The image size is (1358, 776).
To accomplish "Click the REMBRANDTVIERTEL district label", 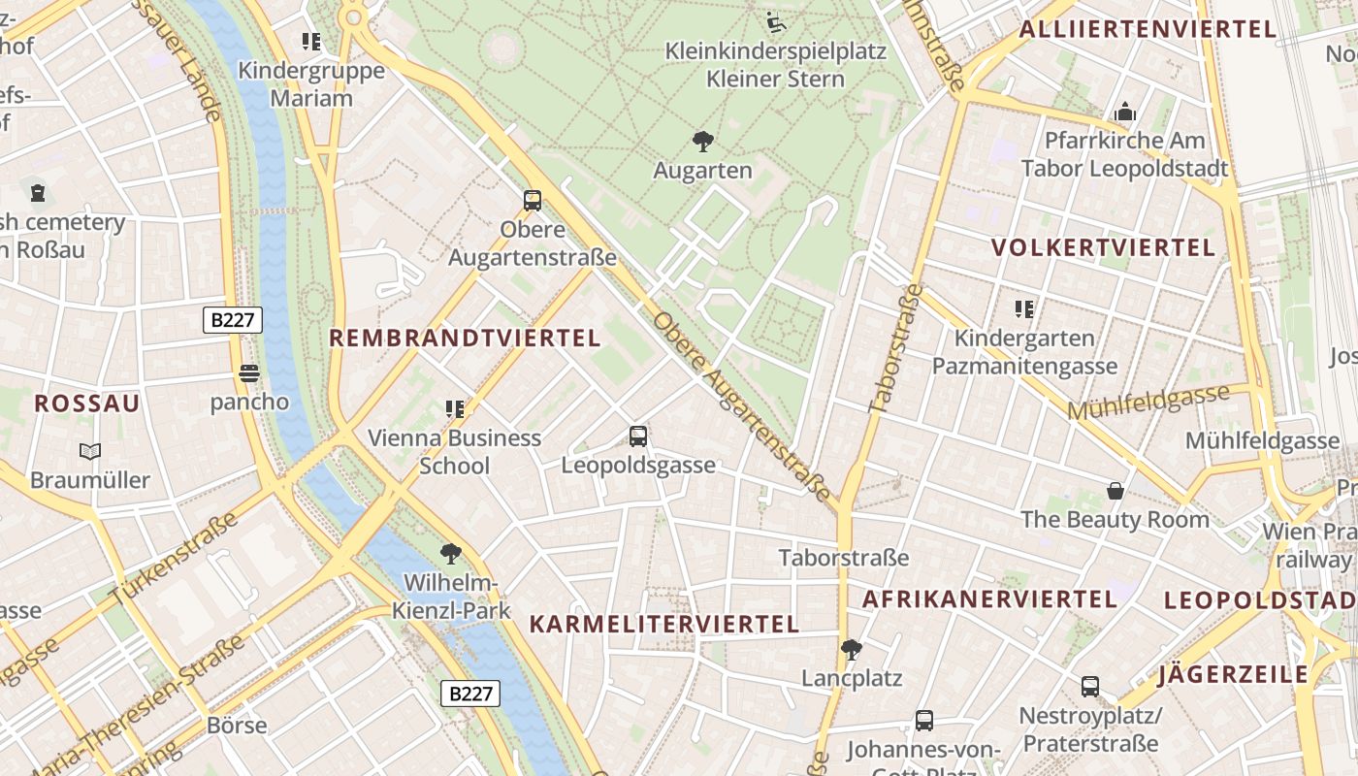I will click(x=465, y=339).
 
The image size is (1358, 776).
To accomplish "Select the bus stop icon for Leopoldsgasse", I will click(x=638, y=436).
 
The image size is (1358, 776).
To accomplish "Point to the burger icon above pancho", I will click(x=249, y=373).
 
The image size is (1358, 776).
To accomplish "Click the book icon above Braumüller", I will click(x=90, y=451).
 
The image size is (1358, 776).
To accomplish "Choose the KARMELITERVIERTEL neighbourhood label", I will click(x=664, y=625).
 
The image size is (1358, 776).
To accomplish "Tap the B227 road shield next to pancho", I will click(x=233, y=320).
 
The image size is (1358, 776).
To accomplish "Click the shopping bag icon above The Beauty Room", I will click(x=1115, y=491).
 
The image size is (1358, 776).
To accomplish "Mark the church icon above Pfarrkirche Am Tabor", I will click(x=1125, y=112).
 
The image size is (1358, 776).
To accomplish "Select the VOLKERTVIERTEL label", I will click(x=1103, y=248).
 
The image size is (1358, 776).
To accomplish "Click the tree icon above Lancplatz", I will click(x=852, y=649).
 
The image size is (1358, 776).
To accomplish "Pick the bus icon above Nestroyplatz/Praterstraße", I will click(x=1090, y=687).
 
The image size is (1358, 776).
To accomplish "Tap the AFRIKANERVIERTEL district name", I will click(x=989, y=599).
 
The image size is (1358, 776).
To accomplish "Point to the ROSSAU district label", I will click(x=87, y=404).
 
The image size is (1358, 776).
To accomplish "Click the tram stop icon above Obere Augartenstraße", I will click(x=533, y=201).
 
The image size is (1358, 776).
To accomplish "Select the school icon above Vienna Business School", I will click(x=454, y=409).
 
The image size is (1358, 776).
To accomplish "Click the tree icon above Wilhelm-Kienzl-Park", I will click(x=450, y=554).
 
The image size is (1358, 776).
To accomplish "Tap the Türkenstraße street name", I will click(x=175, y=560).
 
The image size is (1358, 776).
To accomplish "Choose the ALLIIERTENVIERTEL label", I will click(x=1148, y=29).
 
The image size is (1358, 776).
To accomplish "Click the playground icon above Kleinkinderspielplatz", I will click(x=775, y=21).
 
